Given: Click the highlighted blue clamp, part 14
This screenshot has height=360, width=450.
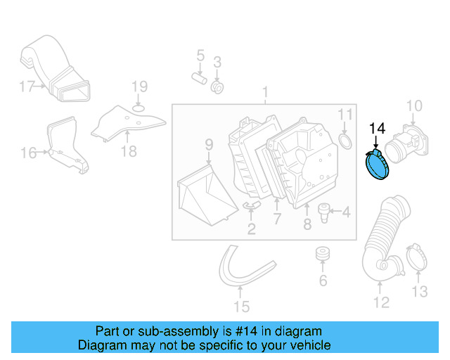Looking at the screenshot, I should coord(378,167).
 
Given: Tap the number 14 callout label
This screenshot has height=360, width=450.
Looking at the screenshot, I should coord(378,128).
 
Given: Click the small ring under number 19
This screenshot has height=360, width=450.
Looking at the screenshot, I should coord(139,107).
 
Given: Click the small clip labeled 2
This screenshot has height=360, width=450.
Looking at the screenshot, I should coord(252,205).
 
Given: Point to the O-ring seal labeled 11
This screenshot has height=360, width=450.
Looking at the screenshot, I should coord(346,143).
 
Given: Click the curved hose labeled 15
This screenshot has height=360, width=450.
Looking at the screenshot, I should coord(242,271).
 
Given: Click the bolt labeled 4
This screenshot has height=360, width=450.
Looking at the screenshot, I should coord(326,211).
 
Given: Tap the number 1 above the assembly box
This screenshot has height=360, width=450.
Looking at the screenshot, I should coord(265,92).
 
